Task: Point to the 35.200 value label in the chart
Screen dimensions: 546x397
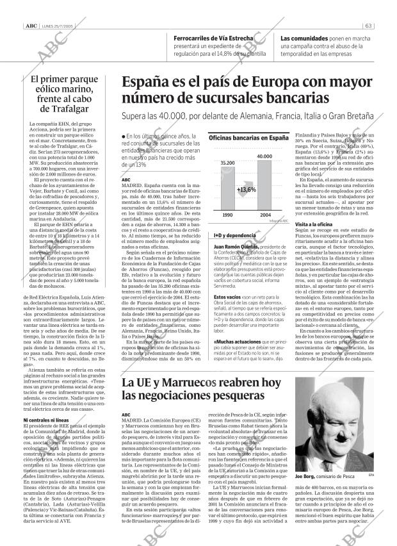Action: [x=227, y=164]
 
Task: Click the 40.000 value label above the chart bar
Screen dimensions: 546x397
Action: [x=264, y=156]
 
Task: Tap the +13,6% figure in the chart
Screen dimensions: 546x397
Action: [x=246, y=190]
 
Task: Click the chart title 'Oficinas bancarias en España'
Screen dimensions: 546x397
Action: [x=248, y=138]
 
